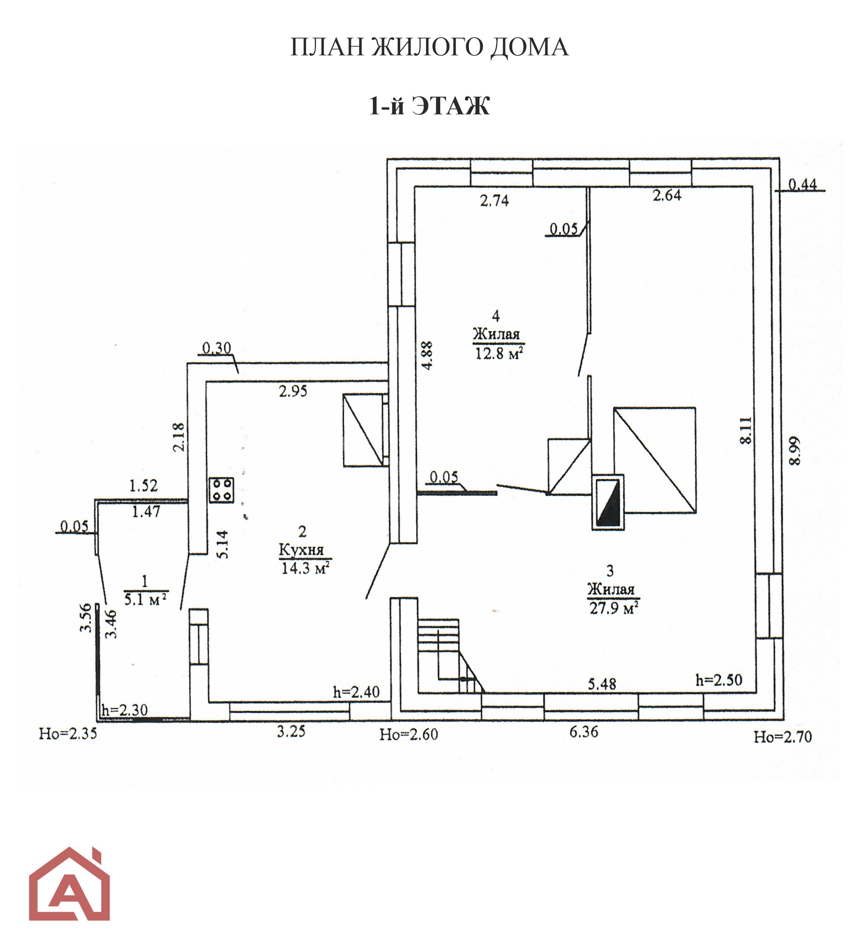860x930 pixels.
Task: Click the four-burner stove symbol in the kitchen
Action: tap(221, 490)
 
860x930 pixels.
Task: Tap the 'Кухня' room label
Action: tap(301, 550)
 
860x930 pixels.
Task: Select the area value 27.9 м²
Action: tap(613, 608)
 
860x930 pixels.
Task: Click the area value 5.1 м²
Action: tap(146, 600)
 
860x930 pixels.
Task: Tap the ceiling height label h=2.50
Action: tap(719, 680)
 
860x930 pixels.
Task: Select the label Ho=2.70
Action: tap(783, 737)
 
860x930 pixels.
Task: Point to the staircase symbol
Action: tap(450, 656)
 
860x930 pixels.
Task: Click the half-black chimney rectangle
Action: tap(608, 502)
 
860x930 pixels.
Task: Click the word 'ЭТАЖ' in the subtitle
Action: tap(451, 106)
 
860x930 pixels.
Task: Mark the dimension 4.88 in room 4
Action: tap(427, 355)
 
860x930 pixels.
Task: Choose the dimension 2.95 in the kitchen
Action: tap(293, 391)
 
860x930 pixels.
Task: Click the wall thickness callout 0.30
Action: tap(217, 348)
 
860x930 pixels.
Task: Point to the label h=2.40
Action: tap(356, 692)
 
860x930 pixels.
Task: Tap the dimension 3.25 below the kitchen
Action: tap(291, 732)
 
